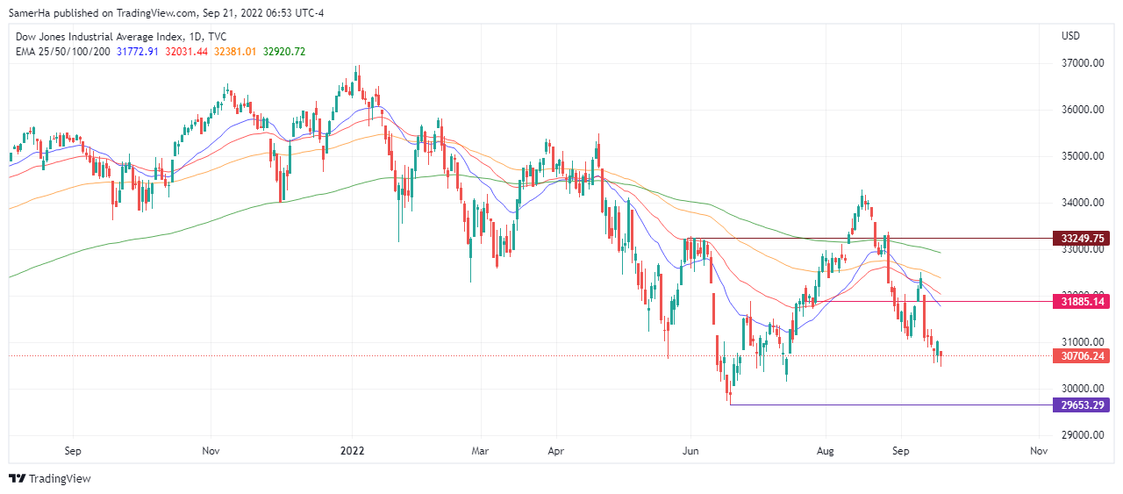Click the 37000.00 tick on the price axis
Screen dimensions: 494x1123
click(1082, 63)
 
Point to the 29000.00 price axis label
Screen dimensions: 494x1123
click(1082, 435)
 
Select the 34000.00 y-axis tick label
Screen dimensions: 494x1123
click(1082, 203)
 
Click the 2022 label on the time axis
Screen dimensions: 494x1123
click(352, 452)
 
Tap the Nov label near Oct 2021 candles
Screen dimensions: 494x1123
click(211, 452)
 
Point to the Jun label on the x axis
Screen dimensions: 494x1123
click(690, 452)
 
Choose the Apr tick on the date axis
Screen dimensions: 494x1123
click(555, 452)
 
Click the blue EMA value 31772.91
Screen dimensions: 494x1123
click(137, 52)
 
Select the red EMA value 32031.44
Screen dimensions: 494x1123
click(183, 52)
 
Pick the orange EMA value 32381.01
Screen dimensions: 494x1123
click(231, 52)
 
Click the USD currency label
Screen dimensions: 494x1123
click(1070, 36)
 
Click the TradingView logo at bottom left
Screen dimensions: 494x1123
click(50, 478)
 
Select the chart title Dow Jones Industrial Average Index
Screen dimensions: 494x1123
click(97, 37)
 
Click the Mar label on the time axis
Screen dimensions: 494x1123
click(480, 452)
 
